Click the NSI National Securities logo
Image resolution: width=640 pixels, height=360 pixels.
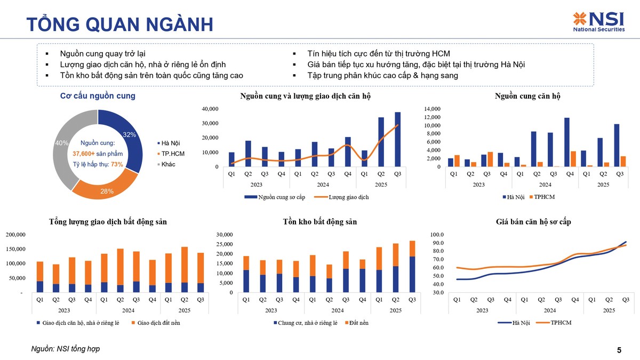pos(598,22)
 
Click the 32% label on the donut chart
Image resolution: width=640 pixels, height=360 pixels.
pos(129,134)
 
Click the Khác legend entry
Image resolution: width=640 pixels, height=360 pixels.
pos(167,164)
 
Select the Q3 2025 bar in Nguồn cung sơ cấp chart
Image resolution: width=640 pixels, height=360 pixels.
pos(398,139)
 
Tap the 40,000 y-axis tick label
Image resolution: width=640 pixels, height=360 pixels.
pos(210,109)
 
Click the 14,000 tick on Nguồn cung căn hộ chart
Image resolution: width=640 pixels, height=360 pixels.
pos(433,109)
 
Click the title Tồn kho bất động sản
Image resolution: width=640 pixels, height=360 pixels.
pos(319,221)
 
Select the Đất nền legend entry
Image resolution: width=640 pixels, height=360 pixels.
pos(356,323)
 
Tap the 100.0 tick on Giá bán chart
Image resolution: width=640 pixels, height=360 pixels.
pos(437,235)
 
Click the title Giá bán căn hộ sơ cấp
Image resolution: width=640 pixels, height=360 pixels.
pos(533,221)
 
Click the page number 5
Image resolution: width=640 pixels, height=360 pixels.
pos(619,350)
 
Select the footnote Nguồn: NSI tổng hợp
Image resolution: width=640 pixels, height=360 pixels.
pos(66,349)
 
